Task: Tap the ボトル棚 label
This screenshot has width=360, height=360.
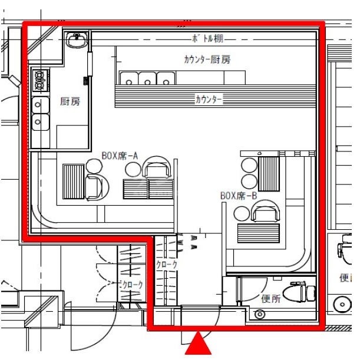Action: coord(207,38)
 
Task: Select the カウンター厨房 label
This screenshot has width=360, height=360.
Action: coord(207,60)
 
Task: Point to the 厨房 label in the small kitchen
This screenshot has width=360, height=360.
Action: coord(70,101)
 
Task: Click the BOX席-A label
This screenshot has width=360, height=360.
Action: coord(120,156)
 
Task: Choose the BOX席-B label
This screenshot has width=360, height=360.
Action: coord(239,196)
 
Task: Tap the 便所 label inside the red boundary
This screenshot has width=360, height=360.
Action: coord(271,299)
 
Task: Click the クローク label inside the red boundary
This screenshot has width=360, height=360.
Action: coord(167,265)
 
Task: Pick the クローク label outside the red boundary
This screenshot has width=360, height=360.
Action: coord(133,285)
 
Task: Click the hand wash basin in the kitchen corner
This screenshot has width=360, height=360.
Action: coord(77,40)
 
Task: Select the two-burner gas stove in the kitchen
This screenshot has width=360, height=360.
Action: coord(40,80)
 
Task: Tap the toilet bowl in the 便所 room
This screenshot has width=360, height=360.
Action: coord(299,293)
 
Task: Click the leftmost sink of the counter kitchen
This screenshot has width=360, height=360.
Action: coord(129,78)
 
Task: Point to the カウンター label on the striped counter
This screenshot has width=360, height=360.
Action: coord(209,100)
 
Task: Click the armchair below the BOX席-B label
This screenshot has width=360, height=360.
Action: coord(266,211)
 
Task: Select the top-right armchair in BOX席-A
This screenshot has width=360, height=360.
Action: coord(157,167)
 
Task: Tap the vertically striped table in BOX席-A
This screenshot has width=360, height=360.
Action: coord(74,181)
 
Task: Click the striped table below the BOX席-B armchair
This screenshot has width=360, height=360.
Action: coord(259,233)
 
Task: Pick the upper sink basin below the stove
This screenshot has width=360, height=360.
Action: coord(41,105)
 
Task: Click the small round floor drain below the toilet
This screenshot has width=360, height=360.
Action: coord(260,314)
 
